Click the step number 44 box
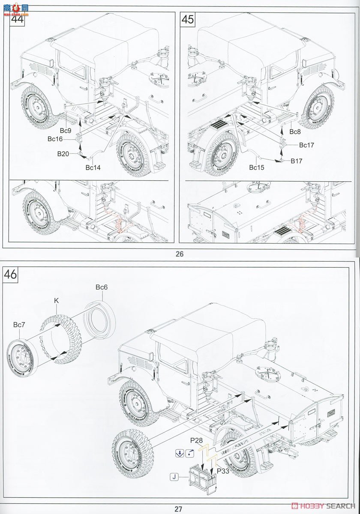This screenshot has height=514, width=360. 17,20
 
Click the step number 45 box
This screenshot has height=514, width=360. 188,20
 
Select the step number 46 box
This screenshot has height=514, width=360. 11,274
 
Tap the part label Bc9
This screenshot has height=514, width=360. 66,130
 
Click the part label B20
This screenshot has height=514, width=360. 63,153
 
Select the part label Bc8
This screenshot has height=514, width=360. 295,132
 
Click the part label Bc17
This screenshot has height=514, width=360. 306,145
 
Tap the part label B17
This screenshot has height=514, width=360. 297,161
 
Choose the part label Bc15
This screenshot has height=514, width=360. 257,167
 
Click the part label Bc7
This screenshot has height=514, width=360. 19,325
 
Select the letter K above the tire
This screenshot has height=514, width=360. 56,301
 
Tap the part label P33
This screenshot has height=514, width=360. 223,471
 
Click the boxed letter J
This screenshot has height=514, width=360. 174,476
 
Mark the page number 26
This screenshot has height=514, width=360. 179,254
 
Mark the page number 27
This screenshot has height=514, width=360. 178,509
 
